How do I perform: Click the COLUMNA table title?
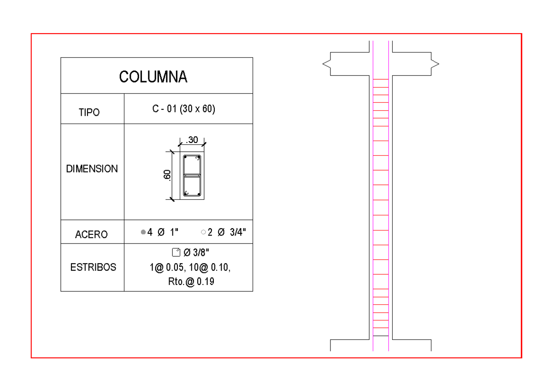[153, 77]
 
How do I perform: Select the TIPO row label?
[89, 113]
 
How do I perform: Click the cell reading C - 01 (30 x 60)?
[184, 109]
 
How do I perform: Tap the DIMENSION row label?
[92, 169]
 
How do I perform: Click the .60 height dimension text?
[167, 175]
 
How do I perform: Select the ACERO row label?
[91, 235]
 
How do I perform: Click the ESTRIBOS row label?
[93, 267]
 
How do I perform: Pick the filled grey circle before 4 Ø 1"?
[143, 232]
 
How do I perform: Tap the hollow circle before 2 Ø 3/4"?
[203, 232]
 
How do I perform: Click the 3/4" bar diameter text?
[238, 233]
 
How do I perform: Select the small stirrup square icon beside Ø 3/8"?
[176, 252]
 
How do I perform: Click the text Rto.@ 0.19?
[191, 282]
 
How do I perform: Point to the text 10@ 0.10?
[210, 267]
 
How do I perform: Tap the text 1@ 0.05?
[168, 267]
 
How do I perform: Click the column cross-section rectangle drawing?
[192, 175]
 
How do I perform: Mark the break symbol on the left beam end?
[326, 64]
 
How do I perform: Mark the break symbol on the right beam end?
[435, 64]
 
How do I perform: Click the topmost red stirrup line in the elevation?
[381, 80]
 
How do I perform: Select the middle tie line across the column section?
[192, 176]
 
